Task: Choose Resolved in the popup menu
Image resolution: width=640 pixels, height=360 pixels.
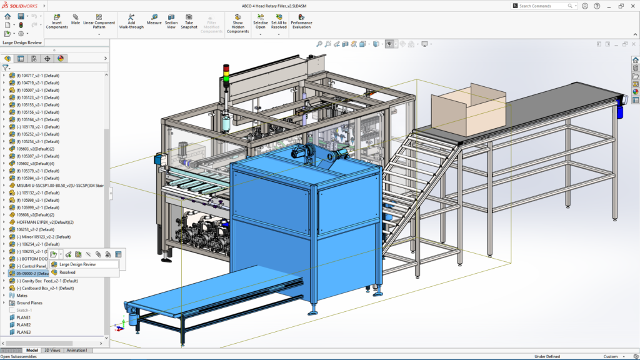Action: [x=67, y=272]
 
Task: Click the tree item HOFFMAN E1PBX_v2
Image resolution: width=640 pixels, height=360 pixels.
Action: [x=41, y=222]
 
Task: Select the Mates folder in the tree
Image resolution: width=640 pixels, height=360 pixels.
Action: [x=22, y=296]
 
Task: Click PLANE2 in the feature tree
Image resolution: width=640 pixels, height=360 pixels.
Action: [x=23, y=325]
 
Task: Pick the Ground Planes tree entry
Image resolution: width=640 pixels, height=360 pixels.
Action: [x=29, y=303]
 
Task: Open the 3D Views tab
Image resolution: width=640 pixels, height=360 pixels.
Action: [x=53, y=351]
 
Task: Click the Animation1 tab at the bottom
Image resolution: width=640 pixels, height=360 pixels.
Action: [x=77, y=351]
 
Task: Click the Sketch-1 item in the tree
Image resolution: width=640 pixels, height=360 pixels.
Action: [x=24, y=310]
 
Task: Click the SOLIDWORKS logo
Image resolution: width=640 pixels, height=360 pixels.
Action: [x=21, y=5]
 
